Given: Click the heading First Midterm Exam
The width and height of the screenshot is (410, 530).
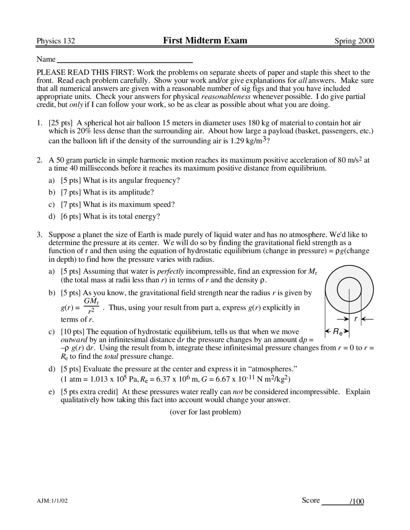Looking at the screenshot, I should coord(205,40).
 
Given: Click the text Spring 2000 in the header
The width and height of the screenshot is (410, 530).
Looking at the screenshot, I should coord(354,41).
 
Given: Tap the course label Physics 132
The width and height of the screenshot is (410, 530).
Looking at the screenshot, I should coord(56,41).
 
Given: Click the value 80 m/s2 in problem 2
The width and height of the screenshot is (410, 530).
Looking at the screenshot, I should coord(349,160).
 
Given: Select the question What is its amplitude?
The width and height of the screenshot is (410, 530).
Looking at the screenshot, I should coord(119,192).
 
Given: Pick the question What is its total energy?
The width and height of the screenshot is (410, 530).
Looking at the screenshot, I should coord(121,216).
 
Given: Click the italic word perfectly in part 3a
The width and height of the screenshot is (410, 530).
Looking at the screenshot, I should coord(170,271).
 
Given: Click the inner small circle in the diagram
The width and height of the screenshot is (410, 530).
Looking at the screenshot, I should coord(349,289).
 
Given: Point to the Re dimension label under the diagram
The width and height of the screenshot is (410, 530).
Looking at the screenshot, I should coord(337,332).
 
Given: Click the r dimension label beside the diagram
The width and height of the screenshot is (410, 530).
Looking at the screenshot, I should coord(356,319).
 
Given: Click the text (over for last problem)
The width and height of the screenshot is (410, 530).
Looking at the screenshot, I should coord(205,412).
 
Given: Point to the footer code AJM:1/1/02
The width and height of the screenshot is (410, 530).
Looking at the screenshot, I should coord(52,501).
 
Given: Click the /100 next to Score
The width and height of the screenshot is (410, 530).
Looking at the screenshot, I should coord(357,502).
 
